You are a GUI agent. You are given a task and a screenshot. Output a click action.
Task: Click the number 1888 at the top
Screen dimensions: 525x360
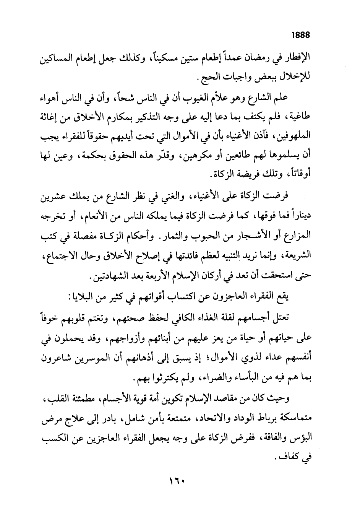click(300, 35)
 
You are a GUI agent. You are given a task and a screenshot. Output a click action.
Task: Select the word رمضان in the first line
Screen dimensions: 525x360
click(265, 60)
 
